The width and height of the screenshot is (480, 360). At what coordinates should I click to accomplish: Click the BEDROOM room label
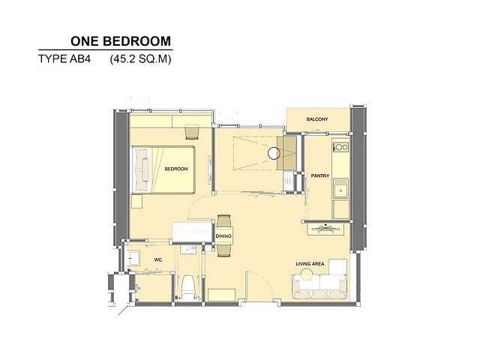176,169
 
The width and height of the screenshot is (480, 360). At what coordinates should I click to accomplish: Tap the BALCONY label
317,119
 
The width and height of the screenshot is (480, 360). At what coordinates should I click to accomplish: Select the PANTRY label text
320,175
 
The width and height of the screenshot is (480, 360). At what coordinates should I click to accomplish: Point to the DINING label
223,236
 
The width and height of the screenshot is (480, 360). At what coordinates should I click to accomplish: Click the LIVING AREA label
310,263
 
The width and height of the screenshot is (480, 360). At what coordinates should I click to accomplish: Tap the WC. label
158,260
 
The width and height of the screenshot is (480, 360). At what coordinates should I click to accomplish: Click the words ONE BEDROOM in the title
121,41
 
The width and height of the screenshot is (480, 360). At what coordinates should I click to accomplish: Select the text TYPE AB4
64,58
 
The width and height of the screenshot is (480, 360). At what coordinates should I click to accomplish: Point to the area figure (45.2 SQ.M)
140,58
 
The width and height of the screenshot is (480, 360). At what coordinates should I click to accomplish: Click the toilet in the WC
188,287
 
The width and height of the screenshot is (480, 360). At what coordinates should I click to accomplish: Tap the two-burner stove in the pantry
340,147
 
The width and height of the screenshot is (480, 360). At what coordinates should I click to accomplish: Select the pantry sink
340,188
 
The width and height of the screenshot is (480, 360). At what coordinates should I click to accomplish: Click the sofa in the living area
319,286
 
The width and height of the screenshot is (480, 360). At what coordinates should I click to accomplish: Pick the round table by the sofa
307,274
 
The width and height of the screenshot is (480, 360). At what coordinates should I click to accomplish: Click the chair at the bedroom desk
192,132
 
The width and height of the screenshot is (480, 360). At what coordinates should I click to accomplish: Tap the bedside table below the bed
136,202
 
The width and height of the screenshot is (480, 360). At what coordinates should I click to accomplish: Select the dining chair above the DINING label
223,221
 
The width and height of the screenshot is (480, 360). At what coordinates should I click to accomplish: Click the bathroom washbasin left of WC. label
133,258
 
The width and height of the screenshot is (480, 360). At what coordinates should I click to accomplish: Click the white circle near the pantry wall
274,153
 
